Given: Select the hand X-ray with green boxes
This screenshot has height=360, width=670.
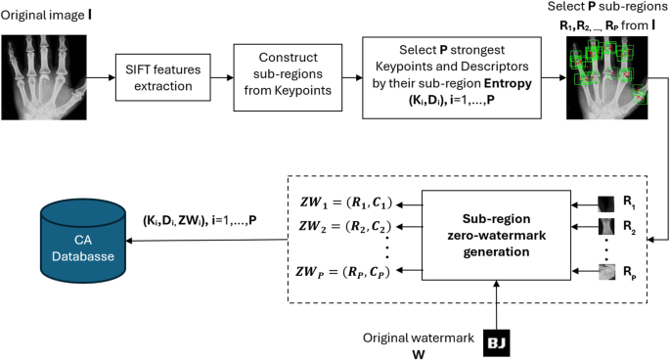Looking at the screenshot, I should tap(611, 76).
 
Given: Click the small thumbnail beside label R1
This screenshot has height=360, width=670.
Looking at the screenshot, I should tap(610, 204).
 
